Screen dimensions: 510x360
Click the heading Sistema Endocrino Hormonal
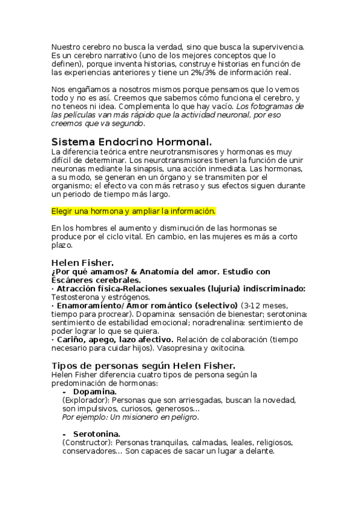[132, 143]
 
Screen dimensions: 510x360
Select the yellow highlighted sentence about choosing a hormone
[133, 211]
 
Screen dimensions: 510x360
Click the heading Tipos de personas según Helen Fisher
[143, 366]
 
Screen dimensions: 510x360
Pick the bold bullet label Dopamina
[95, 391]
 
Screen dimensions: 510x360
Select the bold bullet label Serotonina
[96, 434]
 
